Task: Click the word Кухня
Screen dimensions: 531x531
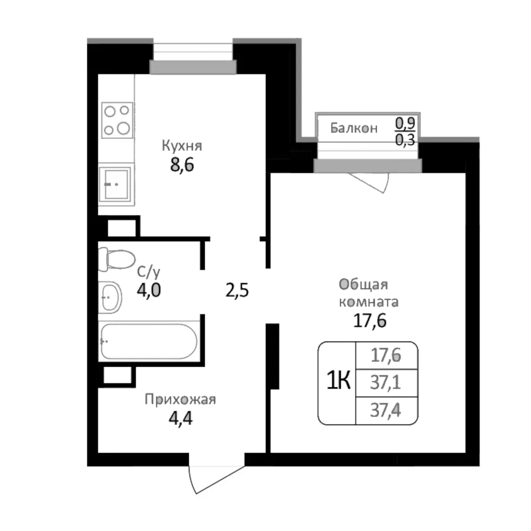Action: [182, 146]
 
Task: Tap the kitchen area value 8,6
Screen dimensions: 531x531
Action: [182, 165]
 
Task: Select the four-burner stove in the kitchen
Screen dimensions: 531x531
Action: [117, 120]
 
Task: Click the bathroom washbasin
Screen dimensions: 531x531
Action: [110, 297]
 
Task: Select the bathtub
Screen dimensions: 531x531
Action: [149, 341]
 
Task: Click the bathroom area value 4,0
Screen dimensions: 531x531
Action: [149, 290]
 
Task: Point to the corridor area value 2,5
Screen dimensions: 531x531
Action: [237, 290]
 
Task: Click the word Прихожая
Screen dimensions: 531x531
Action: [180, 399]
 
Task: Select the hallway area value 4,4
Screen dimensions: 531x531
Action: [181, 418]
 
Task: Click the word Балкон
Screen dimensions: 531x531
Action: [354, 128]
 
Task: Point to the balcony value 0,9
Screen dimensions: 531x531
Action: [405, 123]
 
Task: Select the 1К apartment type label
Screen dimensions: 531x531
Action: [338, 381]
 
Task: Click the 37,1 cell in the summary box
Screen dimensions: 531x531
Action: [386, 383]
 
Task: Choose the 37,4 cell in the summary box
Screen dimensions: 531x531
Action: [386, 410]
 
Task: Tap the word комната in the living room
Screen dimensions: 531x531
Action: [369, 302]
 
